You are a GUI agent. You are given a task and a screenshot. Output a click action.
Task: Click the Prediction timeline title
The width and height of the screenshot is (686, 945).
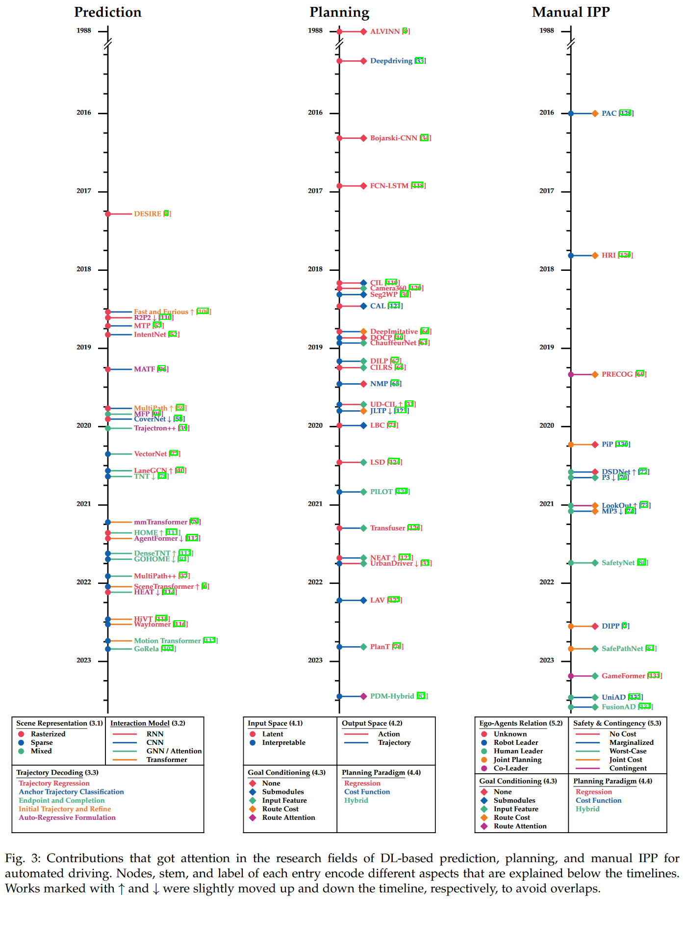click(x=107, y=12)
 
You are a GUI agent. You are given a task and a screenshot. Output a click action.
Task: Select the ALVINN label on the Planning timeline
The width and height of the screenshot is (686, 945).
click(x=384, y=31)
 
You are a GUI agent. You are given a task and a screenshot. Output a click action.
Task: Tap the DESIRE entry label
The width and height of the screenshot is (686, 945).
click(x=148, y=214)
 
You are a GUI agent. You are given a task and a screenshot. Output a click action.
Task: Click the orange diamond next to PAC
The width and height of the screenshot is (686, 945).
click(x=595, y=113)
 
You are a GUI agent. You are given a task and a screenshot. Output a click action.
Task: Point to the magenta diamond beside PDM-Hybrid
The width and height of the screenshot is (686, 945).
click(x=363, y=696)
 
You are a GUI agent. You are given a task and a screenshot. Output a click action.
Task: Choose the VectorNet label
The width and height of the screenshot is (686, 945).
click(x=151, y=454)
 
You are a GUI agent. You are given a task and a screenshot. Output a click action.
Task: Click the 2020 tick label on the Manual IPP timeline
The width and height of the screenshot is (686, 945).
click(x=546, y=425)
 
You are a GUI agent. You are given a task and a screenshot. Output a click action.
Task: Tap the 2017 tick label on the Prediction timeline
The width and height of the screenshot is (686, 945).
click(x=83, y=191)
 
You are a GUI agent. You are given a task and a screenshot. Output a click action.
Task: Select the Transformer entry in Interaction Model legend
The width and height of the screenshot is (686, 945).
click(x=167, y=760)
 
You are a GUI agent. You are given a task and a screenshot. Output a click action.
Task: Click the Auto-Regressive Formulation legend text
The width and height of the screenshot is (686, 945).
click(x=67, y=817)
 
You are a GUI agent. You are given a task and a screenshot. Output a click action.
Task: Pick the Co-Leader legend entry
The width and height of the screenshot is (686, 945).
click(x=510, y=768)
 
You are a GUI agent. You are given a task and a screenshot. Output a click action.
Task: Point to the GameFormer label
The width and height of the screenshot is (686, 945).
click(x=623, y=676)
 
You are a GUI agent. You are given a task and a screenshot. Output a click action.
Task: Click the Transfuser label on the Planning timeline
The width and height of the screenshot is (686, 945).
click(x=387, y=528)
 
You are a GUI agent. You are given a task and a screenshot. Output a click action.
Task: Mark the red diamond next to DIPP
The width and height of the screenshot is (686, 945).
click(x=595, y=626)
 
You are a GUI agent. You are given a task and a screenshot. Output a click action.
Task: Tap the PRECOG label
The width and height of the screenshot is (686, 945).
click(x=617, y=374)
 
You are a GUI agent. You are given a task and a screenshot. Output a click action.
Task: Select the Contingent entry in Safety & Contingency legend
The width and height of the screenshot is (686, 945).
click(x=628, y=768)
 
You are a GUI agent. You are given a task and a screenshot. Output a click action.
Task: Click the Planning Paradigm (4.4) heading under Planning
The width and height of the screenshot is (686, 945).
click(x=381, y=772)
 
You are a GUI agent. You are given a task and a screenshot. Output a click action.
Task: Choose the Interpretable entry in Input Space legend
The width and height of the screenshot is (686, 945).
click(x=283, y=742)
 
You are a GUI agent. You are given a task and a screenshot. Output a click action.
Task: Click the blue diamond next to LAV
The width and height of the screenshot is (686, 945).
click(x=363, y=600)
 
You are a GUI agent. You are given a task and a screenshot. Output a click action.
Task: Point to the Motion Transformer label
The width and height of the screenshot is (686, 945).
click(x=167, y=641)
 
